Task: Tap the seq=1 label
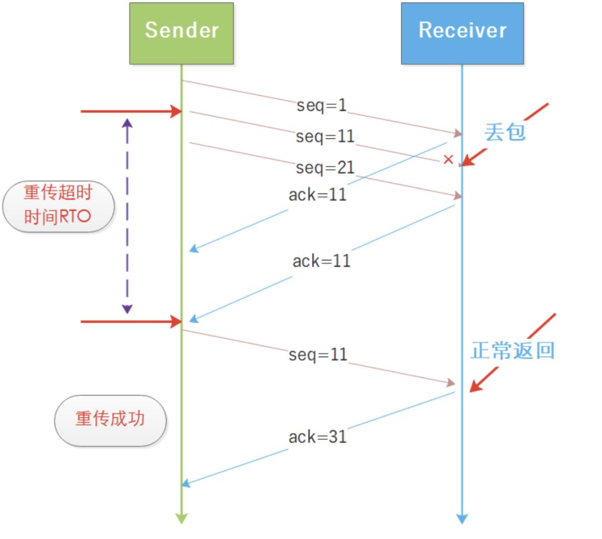pos(322,105)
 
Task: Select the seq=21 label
pos(326,167)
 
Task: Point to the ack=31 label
pos(318,436)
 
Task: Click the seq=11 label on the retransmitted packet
pos(318,355)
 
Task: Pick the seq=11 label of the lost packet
pos(326,136)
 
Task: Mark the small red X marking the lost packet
pos(448,160)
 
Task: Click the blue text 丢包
pos(504,132)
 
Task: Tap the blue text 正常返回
pos(513,350)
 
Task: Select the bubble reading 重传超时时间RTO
pos(58,206)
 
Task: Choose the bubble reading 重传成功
pos(110,420)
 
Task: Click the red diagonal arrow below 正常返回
pos(512,353)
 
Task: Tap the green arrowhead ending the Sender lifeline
pos(182,518)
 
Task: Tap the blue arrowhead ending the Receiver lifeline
pos(462,518)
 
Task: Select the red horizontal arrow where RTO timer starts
pos(132,111)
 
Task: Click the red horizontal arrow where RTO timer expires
pos(132,322)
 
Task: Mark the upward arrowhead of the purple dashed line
pos(127,123)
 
